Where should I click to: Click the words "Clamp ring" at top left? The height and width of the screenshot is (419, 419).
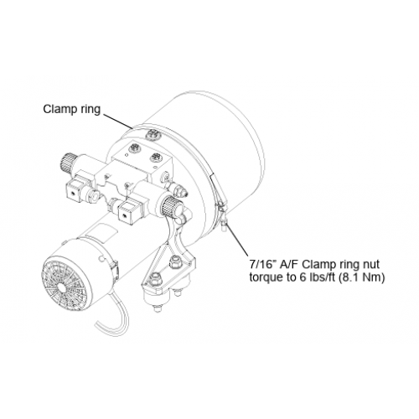(x=71, y=109)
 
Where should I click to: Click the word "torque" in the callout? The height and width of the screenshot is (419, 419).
(x=266, y=278)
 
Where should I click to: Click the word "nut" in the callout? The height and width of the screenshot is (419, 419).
(x=370, y=264)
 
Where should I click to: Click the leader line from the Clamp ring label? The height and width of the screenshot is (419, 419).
(x=117, y=121)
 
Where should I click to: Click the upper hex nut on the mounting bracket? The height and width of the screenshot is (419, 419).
(x=176, y=262)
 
